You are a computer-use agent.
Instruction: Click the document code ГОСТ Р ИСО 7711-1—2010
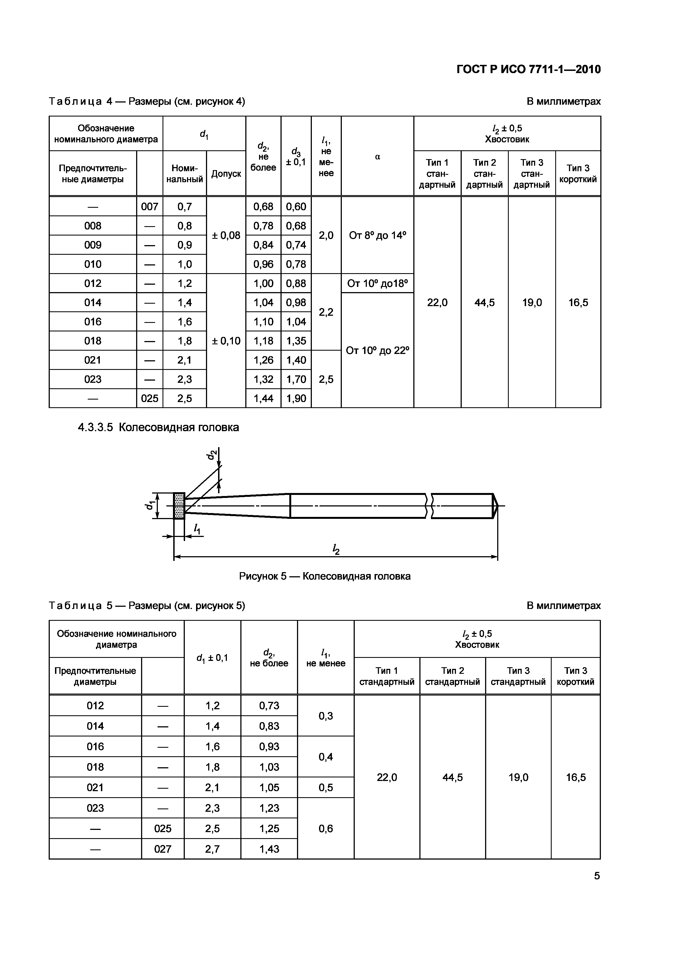click(529, 69)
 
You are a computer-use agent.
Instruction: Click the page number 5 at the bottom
click(597, 876)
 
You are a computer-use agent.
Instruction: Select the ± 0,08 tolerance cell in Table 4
click(226, 236)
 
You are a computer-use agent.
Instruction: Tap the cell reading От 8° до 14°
click(377, 236)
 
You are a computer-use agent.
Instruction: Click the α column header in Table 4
click(377, 157)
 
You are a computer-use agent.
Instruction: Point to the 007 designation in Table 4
click(150, 207)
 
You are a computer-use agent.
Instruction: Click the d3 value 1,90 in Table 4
click(296, 398)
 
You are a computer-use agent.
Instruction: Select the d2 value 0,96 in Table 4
click(263, 264)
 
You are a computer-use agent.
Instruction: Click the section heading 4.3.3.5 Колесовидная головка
click(158, 427)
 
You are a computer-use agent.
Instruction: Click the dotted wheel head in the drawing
click(179, 506)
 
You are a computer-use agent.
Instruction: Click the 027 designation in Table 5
click(163, 849)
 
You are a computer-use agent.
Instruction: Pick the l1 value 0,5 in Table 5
click(326, 788)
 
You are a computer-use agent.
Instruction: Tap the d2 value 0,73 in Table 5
click(269, 706)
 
